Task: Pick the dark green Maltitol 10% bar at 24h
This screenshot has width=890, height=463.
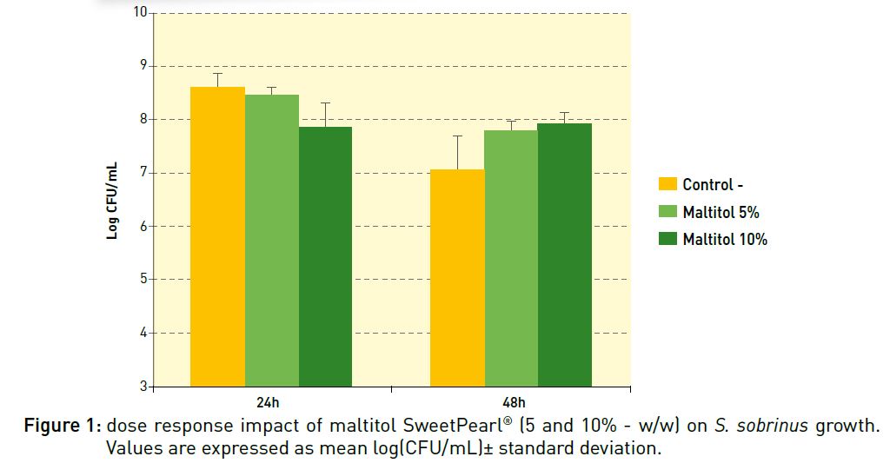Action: (x=325, y=256)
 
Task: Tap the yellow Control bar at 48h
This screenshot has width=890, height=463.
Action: (x=457, y=278)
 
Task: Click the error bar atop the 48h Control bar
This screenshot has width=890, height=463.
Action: (x=457, y=152)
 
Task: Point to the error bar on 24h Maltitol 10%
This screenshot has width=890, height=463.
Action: (x=325, y=115)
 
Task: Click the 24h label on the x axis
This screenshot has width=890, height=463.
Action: (x=269, y=402)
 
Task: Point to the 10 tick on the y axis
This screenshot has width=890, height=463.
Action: (x=139, y=12)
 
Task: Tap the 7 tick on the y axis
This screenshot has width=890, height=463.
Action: (x=143, y=173)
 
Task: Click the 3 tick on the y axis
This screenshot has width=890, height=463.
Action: (x=143, y=386)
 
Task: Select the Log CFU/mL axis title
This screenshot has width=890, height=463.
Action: (x=113, y=200)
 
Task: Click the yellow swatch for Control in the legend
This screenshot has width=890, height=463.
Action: (x=667, y=184)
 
